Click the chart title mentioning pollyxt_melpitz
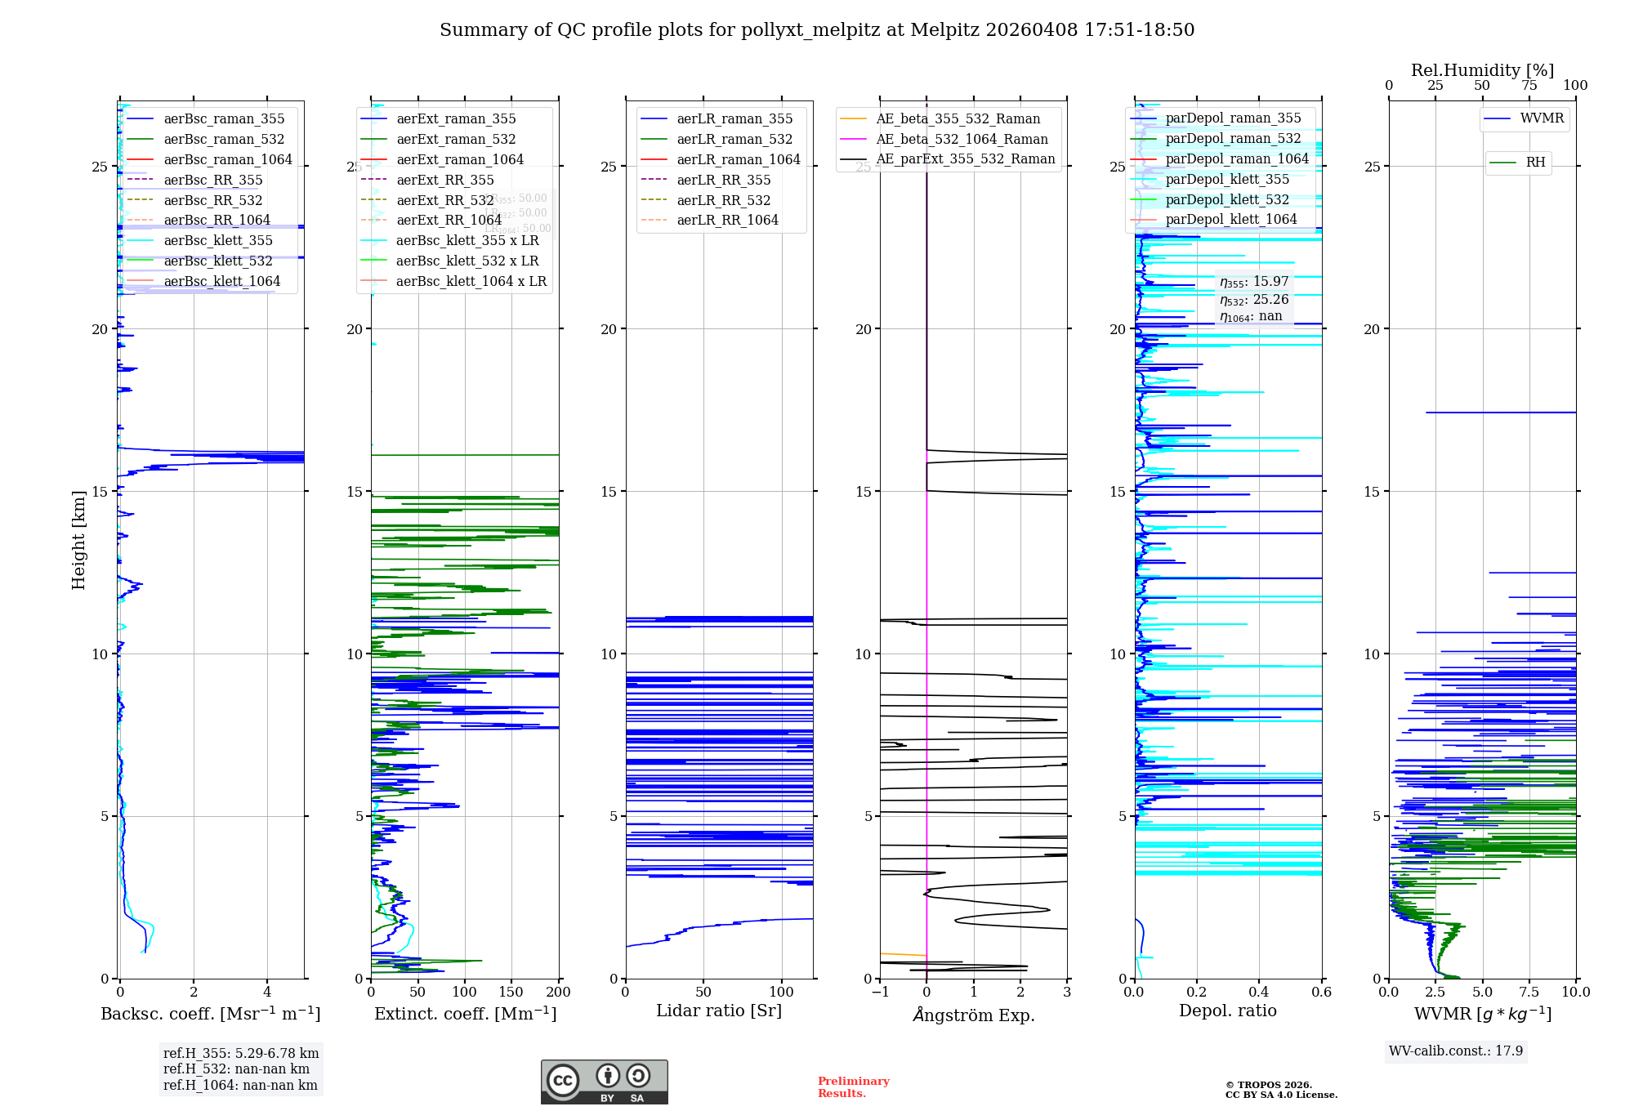(817, 30)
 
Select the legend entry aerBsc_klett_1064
(221, 281)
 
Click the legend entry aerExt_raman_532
(456, 139)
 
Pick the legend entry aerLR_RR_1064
(727, 220)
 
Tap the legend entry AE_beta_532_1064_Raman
(962, 139)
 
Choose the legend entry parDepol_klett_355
(1227, 179)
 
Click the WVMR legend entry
(1542, 118)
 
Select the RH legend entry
(1535, 163)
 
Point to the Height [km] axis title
(78, 540)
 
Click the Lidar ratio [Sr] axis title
(719, 1011)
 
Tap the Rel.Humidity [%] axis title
(1482, 70)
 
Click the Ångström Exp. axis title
(974, 1015)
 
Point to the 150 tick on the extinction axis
(511, 992)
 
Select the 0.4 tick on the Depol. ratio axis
(1259, 992)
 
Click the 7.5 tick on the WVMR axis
(1529, 992)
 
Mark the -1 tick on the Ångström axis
(880, 992)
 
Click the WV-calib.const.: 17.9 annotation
(1456, 1051)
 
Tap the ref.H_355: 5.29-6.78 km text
(241, 1053)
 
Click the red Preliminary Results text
(853, 1086)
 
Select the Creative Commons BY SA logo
(604, 1082)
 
